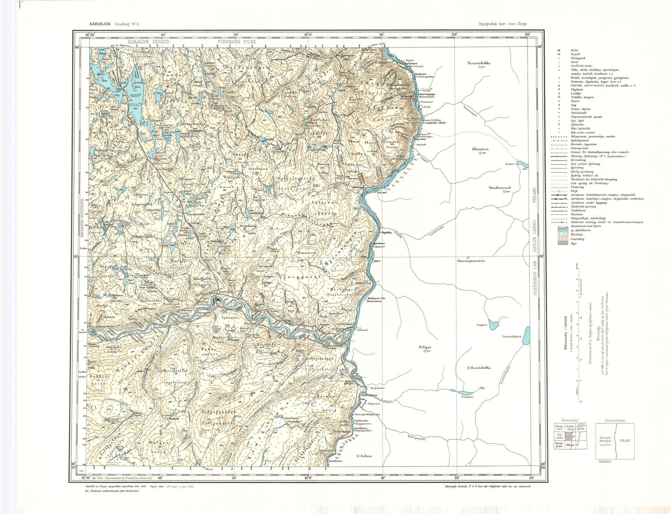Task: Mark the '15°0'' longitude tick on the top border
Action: click(307, 34)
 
